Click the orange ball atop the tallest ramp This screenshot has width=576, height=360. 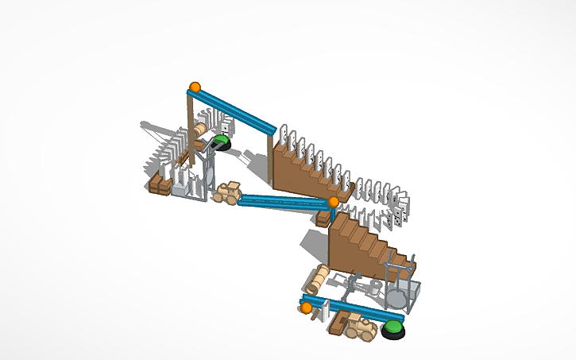coord(195,87)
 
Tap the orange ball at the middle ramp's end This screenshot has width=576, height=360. coord(334,202)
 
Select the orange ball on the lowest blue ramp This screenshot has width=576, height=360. coord(306,308)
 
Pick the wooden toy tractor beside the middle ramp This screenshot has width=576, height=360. coord(228,193)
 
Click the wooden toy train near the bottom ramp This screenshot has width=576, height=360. coord(358,327)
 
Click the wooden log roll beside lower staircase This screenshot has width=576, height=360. coord(319,278)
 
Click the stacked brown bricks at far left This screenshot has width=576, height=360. coord(160,185)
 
